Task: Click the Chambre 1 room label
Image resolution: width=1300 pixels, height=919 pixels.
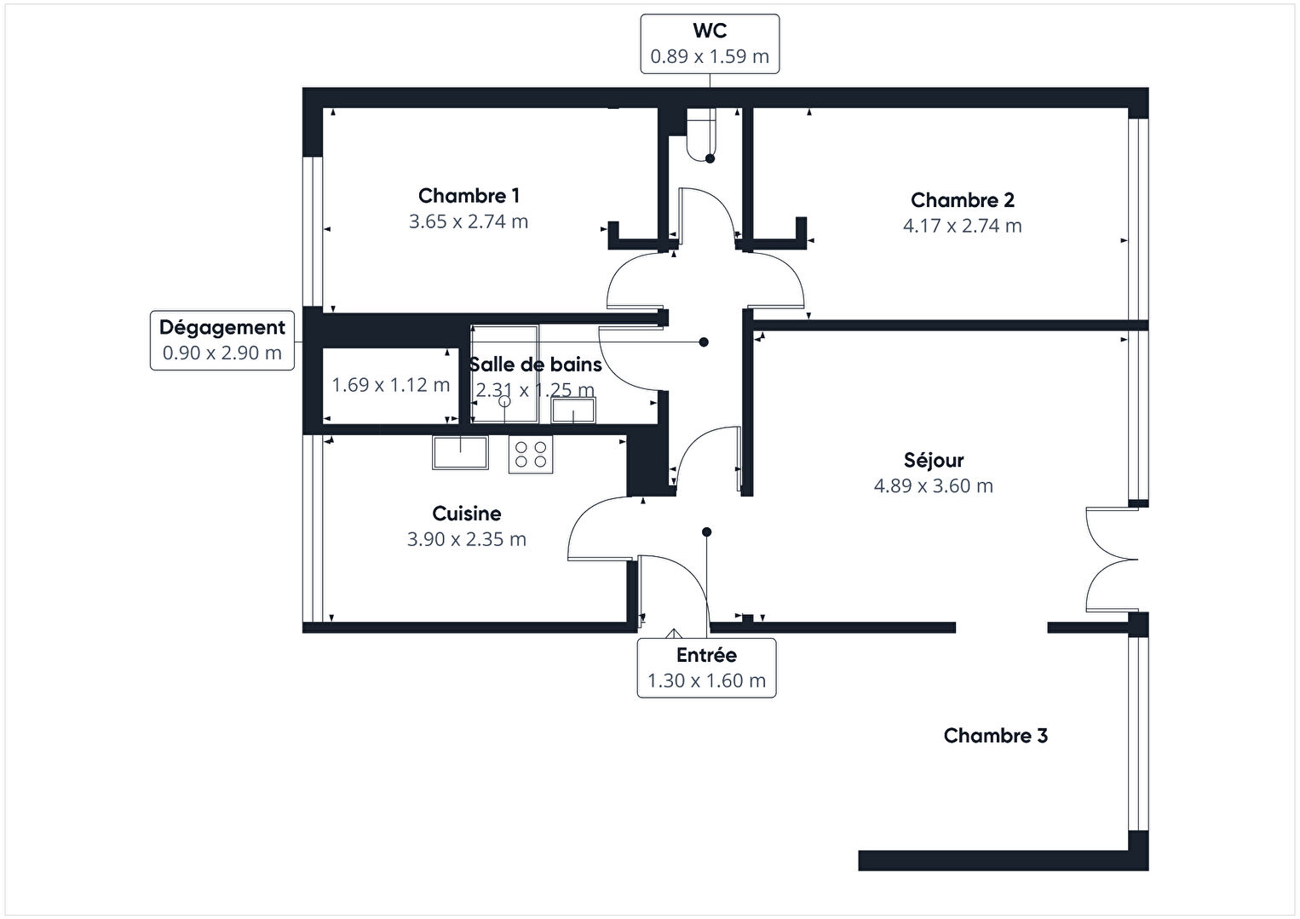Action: pos(469,196)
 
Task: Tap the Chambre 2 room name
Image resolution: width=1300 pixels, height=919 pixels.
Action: pos(962,200)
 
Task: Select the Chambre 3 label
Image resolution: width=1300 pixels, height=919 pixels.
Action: pos(995,736)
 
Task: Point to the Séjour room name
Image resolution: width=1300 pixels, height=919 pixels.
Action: pos(934,461)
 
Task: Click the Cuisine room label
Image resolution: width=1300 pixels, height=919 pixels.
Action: pos(467,514)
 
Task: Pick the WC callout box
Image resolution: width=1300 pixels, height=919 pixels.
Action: pos(710,43)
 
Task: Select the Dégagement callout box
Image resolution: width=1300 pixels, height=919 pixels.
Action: pos(222,340)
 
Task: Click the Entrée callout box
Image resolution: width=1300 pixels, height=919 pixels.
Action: pos(706,668)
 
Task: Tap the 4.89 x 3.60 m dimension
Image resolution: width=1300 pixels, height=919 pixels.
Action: pos(934,486)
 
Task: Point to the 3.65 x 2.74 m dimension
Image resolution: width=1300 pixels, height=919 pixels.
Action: pos(469,221)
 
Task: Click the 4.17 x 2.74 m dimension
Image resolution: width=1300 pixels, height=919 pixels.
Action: pos(962,226)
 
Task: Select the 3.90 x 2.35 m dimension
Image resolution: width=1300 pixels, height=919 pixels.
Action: pos(467,539)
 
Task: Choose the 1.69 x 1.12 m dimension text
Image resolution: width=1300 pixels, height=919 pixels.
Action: pos(390,385)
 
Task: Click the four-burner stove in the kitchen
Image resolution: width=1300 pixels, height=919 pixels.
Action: pos(530,454)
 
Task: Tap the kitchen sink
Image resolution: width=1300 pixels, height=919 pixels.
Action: pos(460,451)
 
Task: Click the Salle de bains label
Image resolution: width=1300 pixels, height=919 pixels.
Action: pos(535,365)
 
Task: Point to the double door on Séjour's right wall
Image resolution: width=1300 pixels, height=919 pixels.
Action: pos(1112,560)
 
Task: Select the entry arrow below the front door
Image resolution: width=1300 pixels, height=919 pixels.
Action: pos(674,634)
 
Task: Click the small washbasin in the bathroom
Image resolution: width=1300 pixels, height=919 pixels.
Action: pos(573,411)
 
